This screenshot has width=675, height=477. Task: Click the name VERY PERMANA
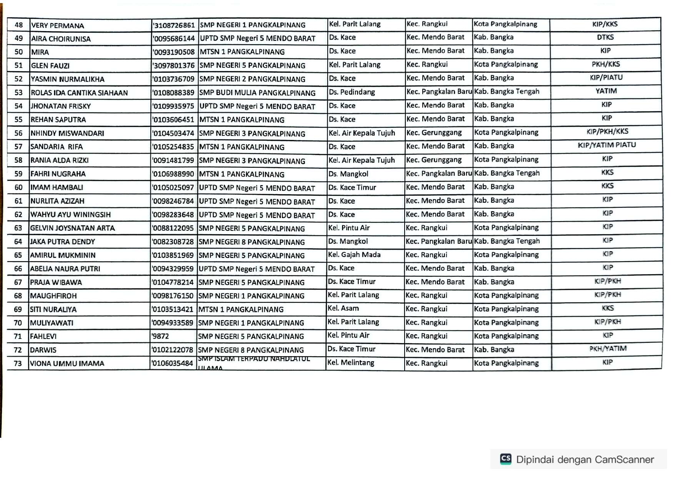click(58, 26)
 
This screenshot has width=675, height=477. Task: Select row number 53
click(18, 93)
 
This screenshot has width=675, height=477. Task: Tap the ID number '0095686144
click(174, 38)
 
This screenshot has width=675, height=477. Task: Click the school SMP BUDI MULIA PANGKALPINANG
click(257, 93)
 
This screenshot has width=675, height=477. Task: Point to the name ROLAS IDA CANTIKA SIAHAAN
click(79, 93)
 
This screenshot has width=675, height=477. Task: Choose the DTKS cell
click(605, 37)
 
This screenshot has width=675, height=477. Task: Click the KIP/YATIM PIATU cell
click(607, 145)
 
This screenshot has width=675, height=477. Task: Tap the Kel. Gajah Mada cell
click(354, 255)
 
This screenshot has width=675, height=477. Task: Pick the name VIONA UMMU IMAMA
click(67, 364)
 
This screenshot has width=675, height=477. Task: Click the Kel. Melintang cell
click(350, 362)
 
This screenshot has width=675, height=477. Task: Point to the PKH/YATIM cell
click(608, 349)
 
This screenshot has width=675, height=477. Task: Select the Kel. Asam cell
click(343, 308)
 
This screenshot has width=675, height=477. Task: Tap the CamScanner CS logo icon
click(505, 459)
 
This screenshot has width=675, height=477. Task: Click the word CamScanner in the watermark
click(624, 459)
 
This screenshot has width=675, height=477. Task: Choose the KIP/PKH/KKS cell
click(607, 132)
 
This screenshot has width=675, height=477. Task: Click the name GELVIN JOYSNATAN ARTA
click(72, 228)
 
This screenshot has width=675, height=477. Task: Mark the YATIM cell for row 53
click(606, 91)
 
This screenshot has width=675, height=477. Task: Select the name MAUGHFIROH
click(53, 296)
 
